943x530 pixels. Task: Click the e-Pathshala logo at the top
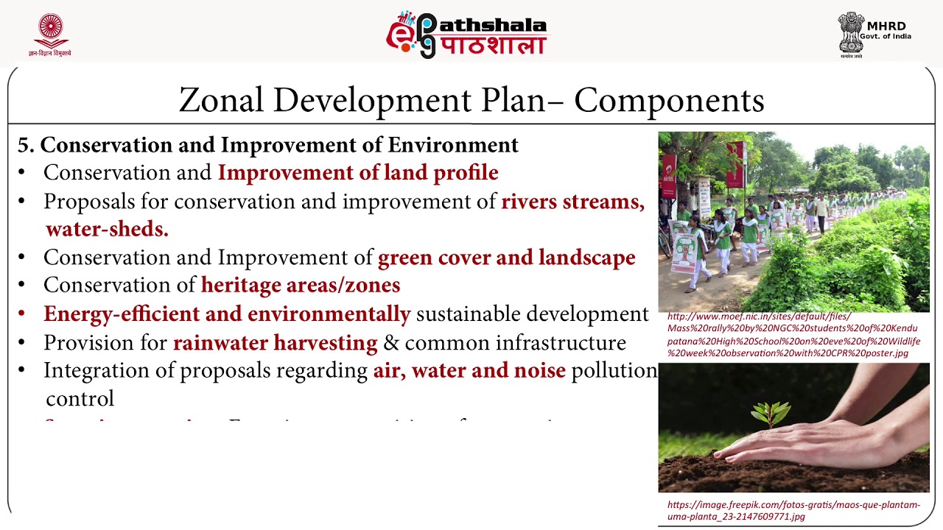pos(467,35)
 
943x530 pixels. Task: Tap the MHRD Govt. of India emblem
pos(851,33)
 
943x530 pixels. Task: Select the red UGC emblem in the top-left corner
pos(50,33)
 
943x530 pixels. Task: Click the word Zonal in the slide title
pos(221,101)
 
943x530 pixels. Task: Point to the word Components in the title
pos(669,101)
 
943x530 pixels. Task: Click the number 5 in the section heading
pos(25,145)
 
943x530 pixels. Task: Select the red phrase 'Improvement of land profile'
pos(358,173)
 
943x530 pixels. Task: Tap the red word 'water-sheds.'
pos(107,229)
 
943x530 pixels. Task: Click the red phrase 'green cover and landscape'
pos(506,258)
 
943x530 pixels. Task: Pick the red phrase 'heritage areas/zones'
pos(301,285)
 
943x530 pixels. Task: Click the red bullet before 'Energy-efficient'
pos(22,314)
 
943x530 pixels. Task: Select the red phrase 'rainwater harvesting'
pos(275,343)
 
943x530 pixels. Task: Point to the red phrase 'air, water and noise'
pos(469,370)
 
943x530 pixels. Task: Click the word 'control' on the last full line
pos(80,399)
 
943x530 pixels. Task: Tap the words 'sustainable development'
pos(532,314)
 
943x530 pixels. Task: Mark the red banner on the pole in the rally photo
pos(735,164)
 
